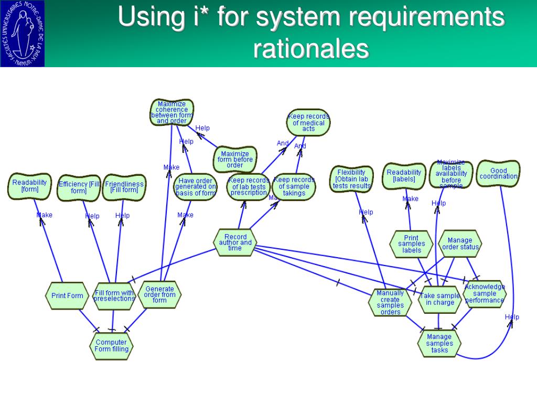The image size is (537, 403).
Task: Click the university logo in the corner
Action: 23,34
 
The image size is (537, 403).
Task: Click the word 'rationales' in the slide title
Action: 311,49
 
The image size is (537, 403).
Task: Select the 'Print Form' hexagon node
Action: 67,296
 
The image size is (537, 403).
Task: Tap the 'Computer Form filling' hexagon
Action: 112,346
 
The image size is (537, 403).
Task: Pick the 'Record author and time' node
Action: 235,242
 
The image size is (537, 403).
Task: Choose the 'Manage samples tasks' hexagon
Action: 439,344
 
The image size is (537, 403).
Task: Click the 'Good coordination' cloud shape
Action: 498,174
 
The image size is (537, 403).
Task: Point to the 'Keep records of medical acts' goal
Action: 308,123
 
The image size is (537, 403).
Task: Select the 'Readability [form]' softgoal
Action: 29,186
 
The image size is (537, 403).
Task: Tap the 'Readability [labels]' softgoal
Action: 404,176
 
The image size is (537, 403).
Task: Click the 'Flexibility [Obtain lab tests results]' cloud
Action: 351,179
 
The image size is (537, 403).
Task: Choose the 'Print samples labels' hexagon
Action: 412,244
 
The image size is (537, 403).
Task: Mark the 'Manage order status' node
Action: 460,243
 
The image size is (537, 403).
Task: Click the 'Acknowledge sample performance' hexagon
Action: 485,294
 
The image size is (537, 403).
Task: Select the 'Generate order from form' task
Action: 159,294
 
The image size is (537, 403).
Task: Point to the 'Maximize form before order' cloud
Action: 235,160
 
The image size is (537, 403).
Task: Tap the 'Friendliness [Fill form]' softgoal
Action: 124,187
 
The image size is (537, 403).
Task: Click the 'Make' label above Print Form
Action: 45,215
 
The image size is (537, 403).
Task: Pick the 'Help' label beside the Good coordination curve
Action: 512,317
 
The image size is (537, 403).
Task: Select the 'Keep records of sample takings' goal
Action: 294,186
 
